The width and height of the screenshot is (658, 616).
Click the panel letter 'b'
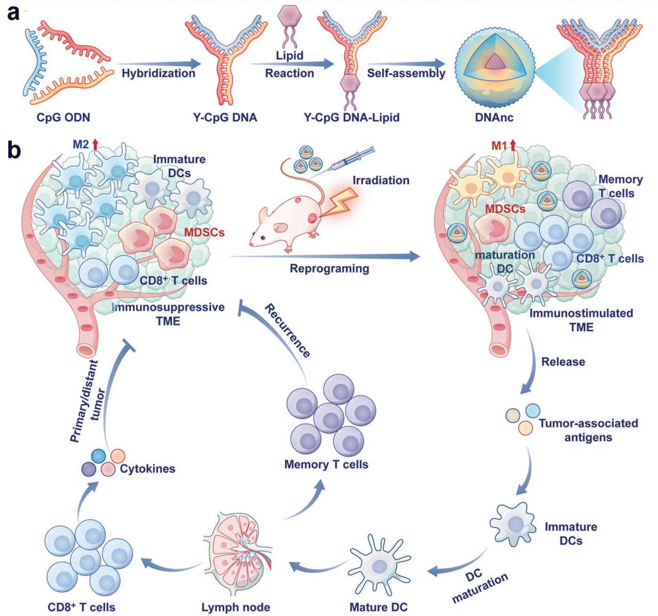tap(14, 150)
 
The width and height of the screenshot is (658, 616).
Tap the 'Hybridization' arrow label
tap(158, 73)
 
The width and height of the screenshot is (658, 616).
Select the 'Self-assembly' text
tap(406, 73)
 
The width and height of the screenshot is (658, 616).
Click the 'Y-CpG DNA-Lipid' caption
tap(352, 118)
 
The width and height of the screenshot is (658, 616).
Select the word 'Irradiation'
tap(381, 181)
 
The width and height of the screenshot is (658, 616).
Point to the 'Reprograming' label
tap(329, 269)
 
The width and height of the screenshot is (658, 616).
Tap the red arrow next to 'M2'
tap(95, 145)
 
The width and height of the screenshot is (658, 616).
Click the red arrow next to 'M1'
tap(513, 146)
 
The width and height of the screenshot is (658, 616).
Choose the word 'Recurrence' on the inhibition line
tap(288, 331)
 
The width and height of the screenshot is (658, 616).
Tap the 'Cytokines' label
tap(148, 469)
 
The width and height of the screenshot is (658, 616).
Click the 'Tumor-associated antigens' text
tap(588, 430)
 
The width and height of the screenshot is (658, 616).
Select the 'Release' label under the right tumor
tap(563, 362)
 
